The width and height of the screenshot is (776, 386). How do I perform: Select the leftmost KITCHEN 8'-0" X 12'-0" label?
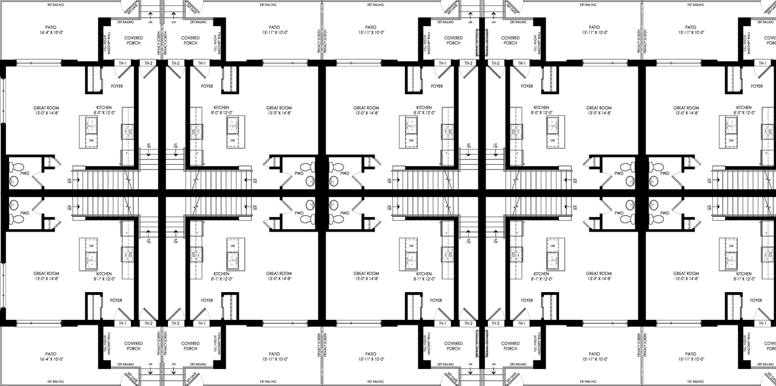click(104, 109)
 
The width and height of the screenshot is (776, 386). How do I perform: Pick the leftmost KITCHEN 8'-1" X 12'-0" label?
click(104, 277)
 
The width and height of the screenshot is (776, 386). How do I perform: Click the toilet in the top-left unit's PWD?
click(18, 167)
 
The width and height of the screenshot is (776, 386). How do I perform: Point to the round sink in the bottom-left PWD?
click(13, 205)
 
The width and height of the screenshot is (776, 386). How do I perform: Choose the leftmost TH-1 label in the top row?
click(122, 63)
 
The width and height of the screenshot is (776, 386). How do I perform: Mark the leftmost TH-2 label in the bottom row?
click(149, 324)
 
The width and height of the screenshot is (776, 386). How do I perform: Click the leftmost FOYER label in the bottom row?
click(116, 300)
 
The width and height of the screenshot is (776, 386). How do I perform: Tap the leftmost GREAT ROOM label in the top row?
click(46, 110)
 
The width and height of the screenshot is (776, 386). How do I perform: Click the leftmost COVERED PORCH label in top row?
click(133, 41)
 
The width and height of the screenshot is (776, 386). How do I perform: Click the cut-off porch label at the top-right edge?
click(769, 41)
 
